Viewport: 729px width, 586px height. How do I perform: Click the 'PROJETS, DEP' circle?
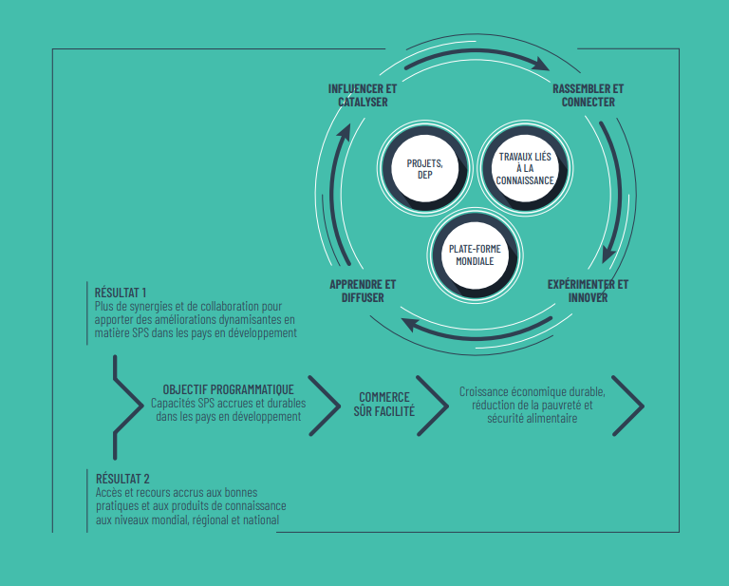424,169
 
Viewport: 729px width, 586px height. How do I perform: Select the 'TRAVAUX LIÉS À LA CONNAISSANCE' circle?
525,168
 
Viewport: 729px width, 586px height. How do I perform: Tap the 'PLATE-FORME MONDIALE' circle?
475,255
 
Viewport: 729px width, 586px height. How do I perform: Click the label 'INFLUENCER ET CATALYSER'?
363,95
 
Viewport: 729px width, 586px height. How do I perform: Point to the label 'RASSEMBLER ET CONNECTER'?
589,95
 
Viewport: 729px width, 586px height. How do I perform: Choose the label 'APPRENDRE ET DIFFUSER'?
363,292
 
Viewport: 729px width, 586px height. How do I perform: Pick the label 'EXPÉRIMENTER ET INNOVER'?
588,292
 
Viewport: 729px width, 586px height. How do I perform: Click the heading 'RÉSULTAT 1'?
121,293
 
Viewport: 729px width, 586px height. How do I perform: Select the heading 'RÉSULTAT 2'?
122,479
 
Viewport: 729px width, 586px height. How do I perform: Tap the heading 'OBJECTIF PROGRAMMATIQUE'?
228,389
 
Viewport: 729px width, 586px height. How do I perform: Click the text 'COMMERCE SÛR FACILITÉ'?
384,405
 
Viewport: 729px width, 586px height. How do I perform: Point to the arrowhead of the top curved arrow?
540,64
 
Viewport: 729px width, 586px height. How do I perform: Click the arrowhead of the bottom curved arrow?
410,324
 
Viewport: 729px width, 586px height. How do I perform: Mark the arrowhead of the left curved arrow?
344,132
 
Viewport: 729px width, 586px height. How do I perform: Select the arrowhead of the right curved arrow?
608,255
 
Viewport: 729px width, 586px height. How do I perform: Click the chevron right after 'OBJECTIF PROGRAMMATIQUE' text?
325,406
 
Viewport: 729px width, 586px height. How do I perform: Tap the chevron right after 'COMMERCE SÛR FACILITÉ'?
433,406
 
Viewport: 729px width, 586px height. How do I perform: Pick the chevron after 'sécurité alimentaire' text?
628,406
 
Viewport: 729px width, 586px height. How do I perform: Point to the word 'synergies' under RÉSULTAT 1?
153,307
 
